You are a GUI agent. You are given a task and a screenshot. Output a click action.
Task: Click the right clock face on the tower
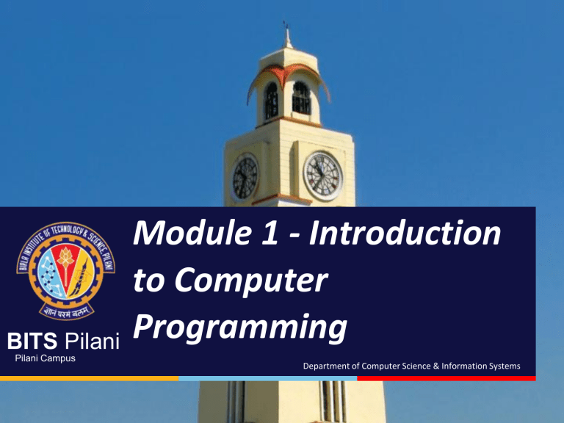point(323,176)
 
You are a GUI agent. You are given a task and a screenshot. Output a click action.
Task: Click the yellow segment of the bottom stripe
point(89,378)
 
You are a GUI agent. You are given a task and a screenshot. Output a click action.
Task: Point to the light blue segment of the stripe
point(267,378)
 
